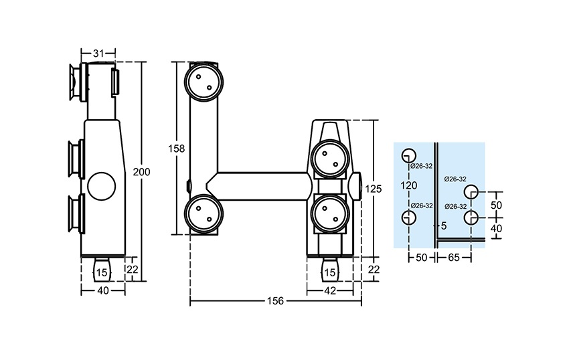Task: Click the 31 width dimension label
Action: pos(98,52)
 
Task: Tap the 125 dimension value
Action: pos(374,189)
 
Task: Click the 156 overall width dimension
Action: pos(276,301)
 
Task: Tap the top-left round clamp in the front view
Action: pos(202,82)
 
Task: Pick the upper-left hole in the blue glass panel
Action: pos(408,155)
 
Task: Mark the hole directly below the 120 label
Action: pos(408,217)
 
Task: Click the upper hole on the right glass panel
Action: pos(472,191)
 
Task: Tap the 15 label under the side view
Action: pos(101,272)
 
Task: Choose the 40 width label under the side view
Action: pos(102,291)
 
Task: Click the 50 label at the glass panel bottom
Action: pos(422,257)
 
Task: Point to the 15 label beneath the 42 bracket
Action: pos(329,272)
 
